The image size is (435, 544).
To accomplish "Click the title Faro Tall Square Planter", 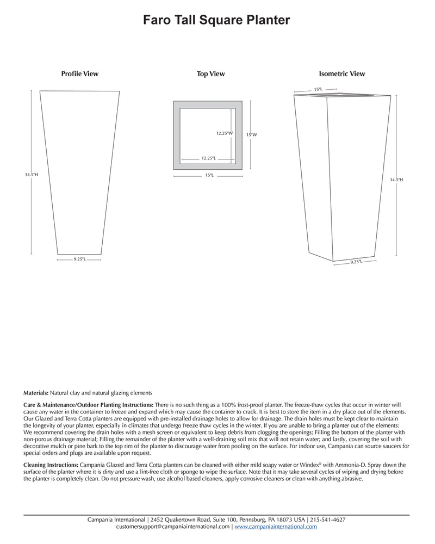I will coord(216,20).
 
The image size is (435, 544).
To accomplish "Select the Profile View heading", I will coord(79,73).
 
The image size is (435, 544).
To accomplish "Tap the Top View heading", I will coord(210,73).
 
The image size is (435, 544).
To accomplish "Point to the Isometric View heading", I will coord(341,73).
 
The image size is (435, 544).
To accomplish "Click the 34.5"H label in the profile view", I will coord(31,175).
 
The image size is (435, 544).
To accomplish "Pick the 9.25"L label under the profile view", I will coord(79,259).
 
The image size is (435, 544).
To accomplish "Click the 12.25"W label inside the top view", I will coord(223,133).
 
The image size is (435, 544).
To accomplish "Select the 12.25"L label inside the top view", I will coord(208,158).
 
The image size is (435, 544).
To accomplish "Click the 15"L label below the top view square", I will coord(208,175).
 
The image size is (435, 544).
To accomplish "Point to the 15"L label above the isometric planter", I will coord(318,89).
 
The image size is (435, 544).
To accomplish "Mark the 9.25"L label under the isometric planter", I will coord(356,262).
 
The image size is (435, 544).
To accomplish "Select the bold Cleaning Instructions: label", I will coord(51,465).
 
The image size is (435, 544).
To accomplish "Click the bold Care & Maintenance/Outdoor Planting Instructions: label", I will coord(89,405).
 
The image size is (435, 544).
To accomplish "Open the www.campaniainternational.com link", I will coord(276,527).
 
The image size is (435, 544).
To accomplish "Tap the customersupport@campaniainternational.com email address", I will coord(173,527).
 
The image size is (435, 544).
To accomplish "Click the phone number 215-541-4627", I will coord(327,520).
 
